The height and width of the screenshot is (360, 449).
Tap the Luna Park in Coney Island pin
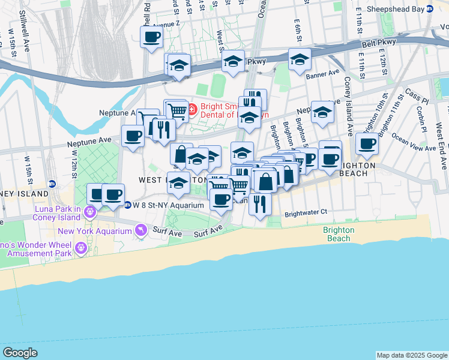91,211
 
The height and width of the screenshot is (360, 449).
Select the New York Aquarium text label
95,232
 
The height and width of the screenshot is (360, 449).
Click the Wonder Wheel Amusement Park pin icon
81,248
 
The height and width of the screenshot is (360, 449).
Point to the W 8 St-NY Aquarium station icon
127,205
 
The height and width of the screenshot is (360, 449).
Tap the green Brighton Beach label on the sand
339,234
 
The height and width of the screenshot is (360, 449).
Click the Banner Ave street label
322,75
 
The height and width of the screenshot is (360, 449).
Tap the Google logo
20,353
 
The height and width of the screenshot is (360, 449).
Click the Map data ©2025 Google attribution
412,355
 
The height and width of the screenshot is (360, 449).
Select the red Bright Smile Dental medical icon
191,110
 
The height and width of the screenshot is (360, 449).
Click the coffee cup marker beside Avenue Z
151,38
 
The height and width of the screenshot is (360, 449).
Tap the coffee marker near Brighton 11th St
366,144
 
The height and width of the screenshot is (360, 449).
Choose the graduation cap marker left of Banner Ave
300,60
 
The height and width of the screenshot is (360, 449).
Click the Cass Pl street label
415,95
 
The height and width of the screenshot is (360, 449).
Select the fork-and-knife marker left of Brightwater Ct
260,204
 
